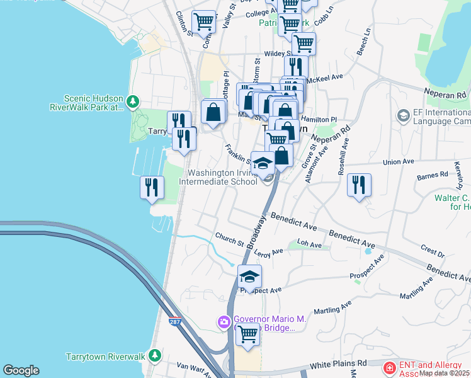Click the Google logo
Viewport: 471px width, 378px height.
[x=21, y=370]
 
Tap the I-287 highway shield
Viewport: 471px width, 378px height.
[x=176, y=322]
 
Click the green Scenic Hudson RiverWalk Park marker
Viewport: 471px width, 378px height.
[x=132, y=101]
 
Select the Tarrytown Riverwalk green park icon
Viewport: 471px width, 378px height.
[x=154, y=356]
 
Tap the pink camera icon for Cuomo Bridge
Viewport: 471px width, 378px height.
[x=224, y=323]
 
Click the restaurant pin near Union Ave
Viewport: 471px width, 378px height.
[x=359, y=185]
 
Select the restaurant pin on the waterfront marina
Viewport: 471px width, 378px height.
[x=152, y=187]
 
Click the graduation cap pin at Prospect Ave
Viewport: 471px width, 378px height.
[x=249, y=277]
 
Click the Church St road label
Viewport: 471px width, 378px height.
[x=229, y=241]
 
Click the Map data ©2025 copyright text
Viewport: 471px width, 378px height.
[x=445, y=373]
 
